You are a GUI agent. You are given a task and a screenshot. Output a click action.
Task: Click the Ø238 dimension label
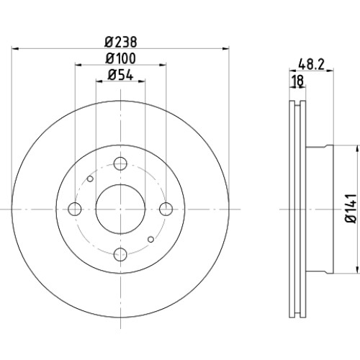click(121, 42)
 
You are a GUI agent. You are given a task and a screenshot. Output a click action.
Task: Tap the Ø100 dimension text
click(120, 58)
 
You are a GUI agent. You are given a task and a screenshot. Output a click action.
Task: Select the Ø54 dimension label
click(120, 75)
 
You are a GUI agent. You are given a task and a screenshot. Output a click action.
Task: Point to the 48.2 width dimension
click(311, 64)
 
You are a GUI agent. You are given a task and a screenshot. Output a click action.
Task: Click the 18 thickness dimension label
click(298, 81)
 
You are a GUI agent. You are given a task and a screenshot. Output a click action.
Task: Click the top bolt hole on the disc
click(120, 163)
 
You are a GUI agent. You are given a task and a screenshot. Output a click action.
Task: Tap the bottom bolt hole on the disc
click(120, 254)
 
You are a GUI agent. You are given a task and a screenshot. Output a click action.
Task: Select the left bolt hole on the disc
click(75, 209)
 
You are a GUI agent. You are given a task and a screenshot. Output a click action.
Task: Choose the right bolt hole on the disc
click(166, 209)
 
